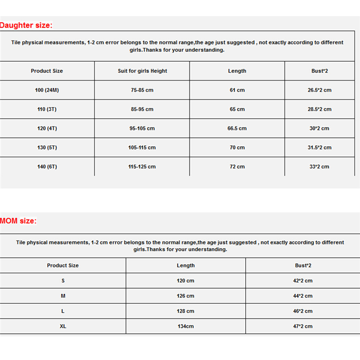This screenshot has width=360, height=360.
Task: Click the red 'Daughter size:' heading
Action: [27, 25]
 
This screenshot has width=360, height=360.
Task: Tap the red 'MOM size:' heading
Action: [18, 220]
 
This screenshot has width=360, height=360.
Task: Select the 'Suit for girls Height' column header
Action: [142, 71]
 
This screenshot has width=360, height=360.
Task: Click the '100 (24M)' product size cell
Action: [47, 90]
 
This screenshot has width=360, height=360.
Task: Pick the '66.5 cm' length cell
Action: [237, 128]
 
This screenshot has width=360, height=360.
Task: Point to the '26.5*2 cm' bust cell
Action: [319, 90]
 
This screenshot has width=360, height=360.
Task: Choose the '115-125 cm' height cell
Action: [142, 166]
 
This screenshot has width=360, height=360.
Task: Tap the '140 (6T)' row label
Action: [47, 166]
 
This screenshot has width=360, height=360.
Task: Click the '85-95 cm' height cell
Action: [142, 109]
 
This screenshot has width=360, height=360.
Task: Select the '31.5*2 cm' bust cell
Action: [319, 148]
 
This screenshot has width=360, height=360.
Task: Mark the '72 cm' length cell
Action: [237, 166]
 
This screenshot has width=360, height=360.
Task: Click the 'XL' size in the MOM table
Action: [63, 326]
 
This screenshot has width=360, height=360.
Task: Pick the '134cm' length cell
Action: [185, 326]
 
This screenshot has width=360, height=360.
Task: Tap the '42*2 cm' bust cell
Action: [303, 281]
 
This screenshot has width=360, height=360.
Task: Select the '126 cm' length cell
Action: [185, 296]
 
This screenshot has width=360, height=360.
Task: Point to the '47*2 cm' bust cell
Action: [303, 326]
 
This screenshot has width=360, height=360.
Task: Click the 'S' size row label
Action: [63, 281]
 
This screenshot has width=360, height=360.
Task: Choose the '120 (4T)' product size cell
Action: [47, 128]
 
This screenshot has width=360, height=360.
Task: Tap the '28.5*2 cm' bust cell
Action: [319, 109]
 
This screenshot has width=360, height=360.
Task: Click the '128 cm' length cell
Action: [185, 311]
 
